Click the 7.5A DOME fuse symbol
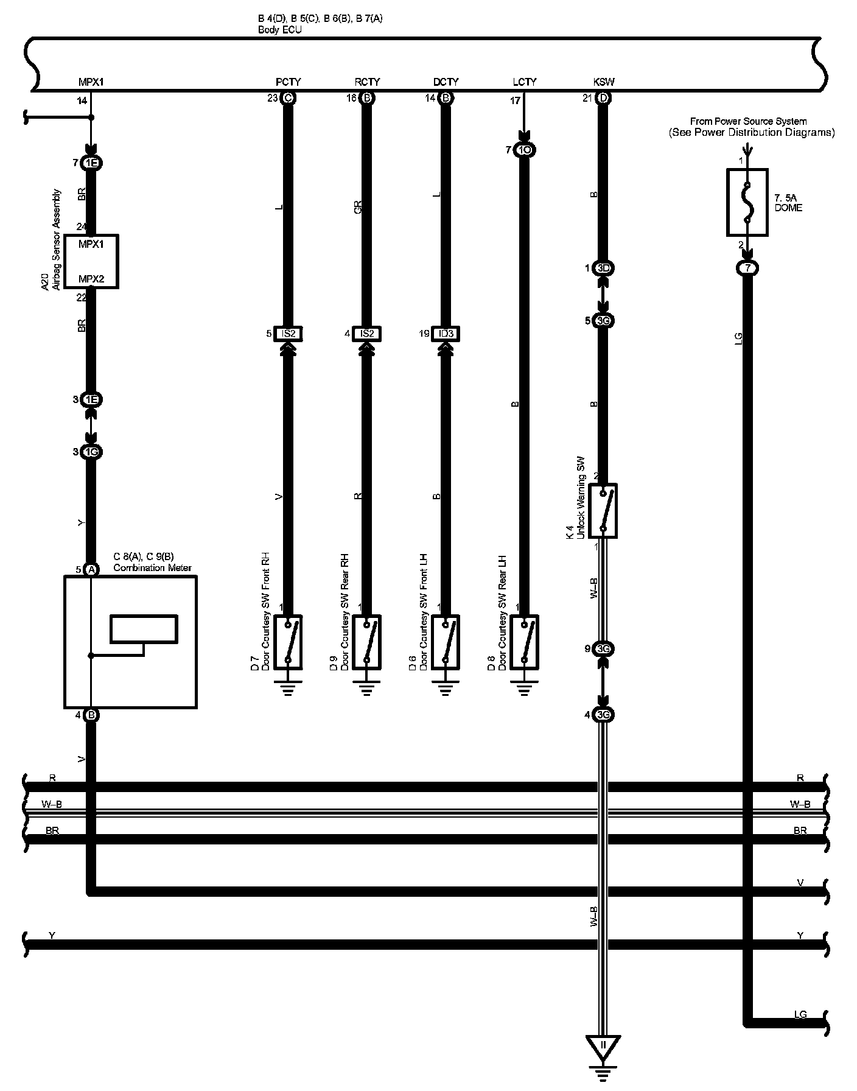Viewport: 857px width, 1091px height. (x=747, y=202)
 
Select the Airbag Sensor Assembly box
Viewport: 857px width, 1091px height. (x=91, y=261)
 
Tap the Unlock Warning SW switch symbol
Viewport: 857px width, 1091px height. (x=603, y=511)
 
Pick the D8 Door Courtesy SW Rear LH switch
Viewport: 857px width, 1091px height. (x=524, y=642)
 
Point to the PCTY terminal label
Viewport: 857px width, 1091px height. (x=288, y=82)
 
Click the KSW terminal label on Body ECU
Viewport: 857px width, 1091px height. (x=603, y=82)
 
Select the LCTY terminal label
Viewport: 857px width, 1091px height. (x=524, y=82)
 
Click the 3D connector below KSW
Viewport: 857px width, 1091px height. (x=603, y=268)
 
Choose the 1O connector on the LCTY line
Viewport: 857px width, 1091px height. (x=524, y=150)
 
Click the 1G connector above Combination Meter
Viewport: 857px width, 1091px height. (x=91, y=452)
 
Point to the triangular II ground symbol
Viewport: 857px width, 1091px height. (x=603, y=1045)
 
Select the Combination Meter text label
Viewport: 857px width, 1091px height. (x=152, y=568)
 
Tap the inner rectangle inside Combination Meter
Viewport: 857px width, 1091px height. (x=144, y=629)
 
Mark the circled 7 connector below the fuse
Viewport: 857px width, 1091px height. (x=747, y=268)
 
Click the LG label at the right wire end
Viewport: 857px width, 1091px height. (x=800, y=1014)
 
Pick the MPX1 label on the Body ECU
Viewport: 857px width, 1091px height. (x=91, y=82)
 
